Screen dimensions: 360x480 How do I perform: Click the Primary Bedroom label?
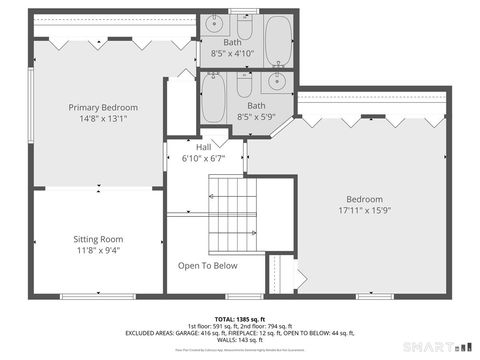tap(103, 107)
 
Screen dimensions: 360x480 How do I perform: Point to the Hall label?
tap(203, 148)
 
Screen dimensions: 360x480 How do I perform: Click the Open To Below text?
tap(207, 265)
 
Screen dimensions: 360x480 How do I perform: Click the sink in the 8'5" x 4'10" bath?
tap(213, 27)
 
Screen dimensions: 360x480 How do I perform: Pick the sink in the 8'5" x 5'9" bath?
tap(280, 82)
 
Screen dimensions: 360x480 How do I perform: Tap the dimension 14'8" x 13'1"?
tap(103, 118)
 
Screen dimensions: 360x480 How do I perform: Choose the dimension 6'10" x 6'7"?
tap(203, 158)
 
